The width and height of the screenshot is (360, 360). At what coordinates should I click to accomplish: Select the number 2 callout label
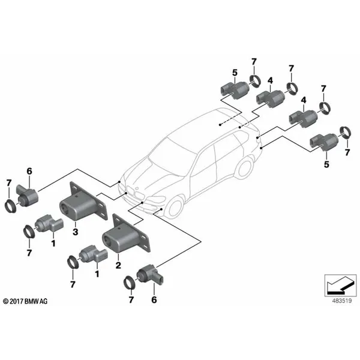pyautogui.click(x=119, y=265)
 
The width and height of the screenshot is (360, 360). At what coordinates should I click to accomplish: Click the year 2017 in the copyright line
pyautogui.click(x=20, y=300)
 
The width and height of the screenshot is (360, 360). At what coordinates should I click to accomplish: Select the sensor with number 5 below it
pyautogui.click(x=323, y=143)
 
